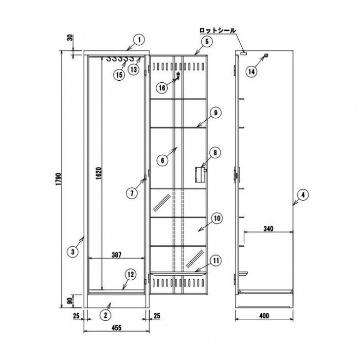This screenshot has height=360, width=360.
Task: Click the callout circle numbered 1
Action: [x=139, y=40]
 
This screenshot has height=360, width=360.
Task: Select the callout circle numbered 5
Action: [x=207, y=42]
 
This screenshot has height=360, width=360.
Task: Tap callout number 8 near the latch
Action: [x=215, y=153]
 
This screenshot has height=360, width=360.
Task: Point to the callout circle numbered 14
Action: [x=251, y=72]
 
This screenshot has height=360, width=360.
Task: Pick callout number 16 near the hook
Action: [x=162, y=88]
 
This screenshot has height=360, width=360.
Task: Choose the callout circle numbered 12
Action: [x=131, y=275]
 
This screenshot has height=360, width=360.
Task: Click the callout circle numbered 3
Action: [x=73, y=252]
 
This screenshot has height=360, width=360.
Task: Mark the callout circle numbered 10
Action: [x=217, y=219]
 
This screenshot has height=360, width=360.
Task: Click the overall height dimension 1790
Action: [x=59, y=179]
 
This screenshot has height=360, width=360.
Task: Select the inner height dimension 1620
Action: [x=99, y=174]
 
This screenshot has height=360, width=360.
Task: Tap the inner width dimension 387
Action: [x=116, y=255]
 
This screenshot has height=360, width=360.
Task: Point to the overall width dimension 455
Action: [x=117, y=328]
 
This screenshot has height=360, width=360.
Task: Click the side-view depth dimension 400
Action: [x=264, y=316]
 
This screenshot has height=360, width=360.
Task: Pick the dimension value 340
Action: [x=268, y=229]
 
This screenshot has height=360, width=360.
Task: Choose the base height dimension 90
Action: [x=71, y=300]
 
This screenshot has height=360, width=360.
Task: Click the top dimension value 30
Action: [x=71, y=38]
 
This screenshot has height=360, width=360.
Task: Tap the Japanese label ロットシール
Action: [x=218, y=30]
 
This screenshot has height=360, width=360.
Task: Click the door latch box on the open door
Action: [x=200, y=175]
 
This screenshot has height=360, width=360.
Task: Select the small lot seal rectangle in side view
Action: [x=243, y=53]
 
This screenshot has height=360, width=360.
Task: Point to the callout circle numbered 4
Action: [x=303, y=195]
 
